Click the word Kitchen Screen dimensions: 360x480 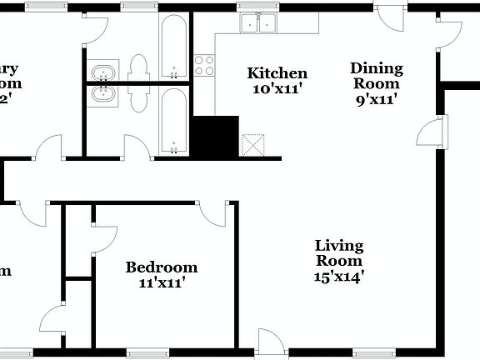click(277, 73)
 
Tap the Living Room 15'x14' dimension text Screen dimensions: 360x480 click(339, 277)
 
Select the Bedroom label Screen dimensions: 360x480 click(162, 267)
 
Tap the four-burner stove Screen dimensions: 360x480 click(204, 65)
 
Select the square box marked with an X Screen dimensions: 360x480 click(252, 145)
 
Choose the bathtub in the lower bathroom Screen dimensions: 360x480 click(173, 122)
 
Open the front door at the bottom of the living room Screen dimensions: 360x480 click(271, 342)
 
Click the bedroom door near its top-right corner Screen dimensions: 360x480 click(214, 213)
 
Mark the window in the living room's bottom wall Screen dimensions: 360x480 click(372, 352)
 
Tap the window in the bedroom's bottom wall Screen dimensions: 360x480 click(147, 352)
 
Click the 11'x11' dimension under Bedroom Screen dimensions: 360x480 click(161, 282)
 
